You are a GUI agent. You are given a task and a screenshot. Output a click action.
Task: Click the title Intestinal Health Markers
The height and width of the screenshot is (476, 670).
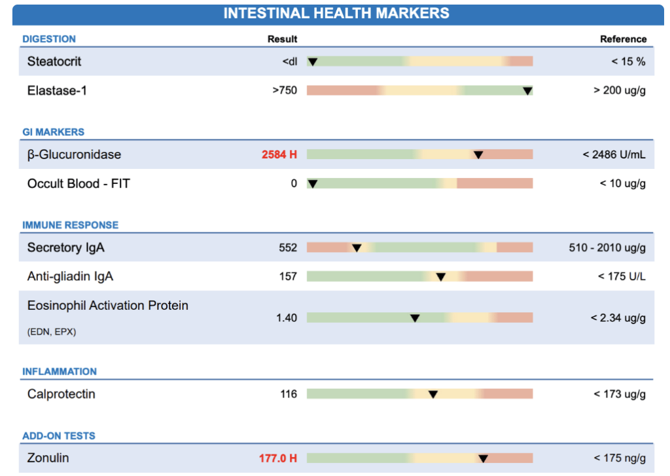(336, 13)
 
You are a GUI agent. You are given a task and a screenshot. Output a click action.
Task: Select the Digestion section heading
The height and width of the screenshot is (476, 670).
(49, 39)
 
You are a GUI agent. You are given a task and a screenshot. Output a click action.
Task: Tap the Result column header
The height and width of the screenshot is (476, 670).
(282, 39)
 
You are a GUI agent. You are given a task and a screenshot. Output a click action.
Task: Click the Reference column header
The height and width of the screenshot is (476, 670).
(623, 39)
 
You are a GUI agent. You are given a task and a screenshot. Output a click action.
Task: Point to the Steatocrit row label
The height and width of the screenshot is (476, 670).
(54, 62)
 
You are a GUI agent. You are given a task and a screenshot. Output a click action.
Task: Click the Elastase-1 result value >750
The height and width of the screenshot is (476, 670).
(285, 90)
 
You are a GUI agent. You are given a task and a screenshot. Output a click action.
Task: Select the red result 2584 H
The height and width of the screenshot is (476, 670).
(279, 155)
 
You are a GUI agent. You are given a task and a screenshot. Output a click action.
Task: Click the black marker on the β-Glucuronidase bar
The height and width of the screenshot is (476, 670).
(478, 155)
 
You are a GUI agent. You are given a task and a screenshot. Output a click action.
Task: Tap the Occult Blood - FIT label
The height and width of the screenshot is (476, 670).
(79, 183)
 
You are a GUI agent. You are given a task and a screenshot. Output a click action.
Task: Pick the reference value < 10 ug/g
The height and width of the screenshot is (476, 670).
(622, 183)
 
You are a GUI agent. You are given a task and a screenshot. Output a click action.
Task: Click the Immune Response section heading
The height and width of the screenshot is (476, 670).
(71, 225)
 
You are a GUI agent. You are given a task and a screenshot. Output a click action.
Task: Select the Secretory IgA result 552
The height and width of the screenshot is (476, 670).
(288, 247)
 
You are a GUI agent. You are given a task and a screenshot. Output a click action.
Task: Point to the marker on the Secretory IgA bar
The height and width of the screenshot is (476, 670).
(357, 247)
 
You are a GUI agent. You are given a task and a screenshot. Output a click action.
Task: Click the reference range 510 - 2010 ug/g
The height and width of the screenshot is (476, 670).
(607, 247)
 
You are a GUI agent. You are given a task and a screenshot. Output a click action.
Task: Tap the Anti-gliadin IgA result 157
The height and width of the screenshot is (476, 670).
(288, 276)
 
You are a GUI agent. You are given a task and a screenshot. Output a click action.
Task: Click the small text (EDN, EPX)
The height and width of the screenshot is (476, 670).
(52, 332)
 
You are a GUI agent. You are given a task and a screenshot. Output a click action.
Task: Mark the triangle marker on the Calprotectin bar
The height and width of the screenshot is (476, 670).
(432, 394)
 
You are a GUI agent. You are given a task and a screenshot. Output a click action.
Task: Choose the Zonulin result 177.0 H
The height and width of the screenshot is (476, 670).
(278, 458)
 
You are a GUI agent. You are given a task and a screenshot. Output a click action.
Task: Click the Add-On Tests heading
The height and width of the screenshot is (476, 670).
(59, 436)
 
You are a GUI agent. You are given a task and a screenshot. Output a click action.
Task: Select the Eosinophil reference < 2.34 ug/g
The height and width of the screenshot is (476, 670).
(618, 318)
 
